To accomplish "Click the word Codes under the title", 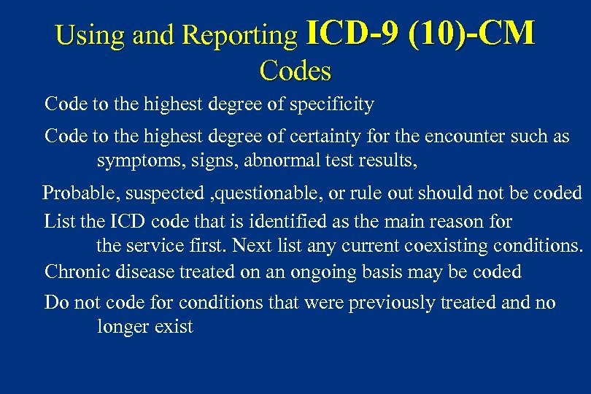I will (295, 71).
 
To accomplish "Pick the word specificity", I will (332, 104).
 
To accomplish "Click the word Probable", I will (72, 193).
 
